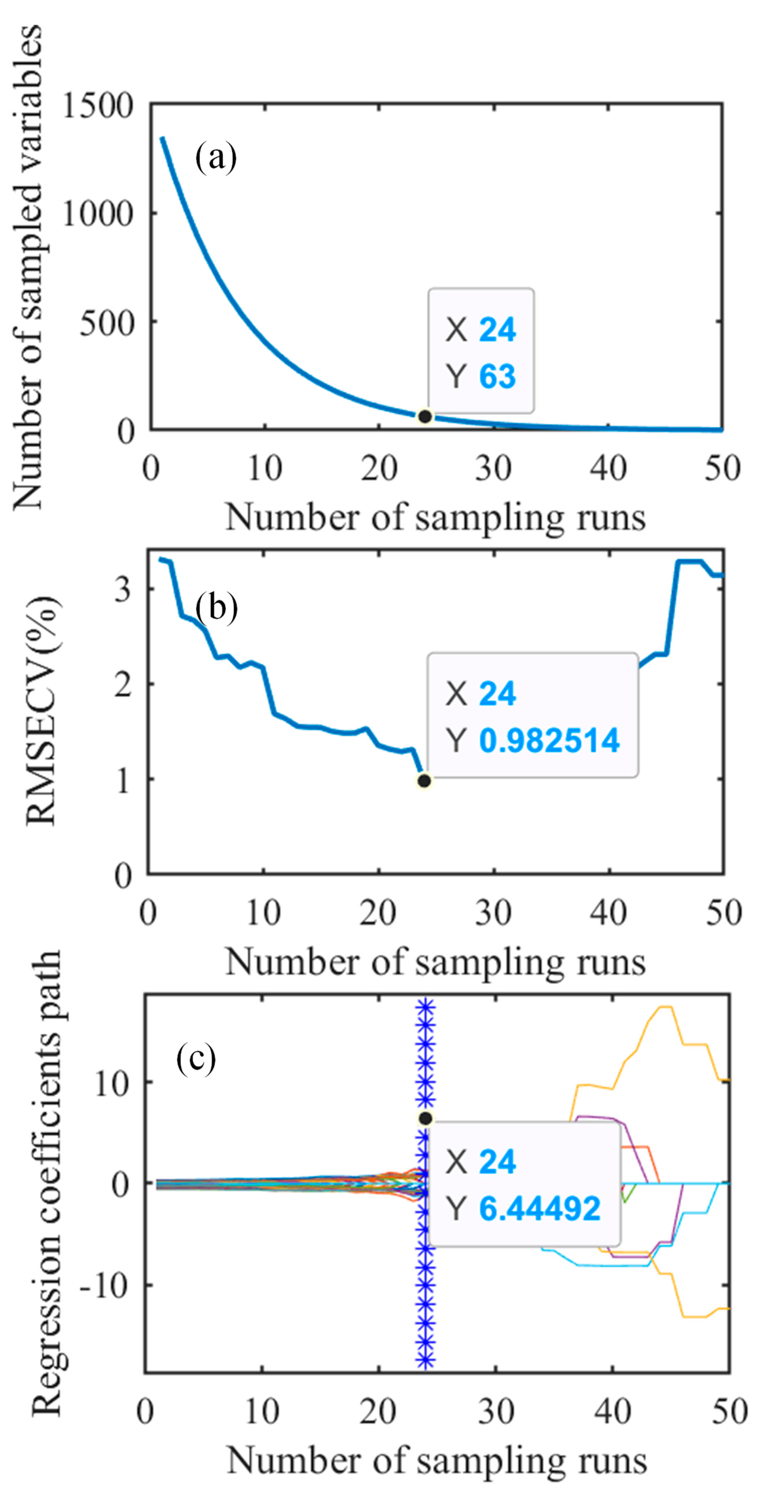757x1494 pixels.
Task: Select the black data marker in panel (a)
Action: tap(425, 416)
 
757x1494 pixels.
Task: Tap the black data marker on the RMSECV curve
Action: tap(424, 781)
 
